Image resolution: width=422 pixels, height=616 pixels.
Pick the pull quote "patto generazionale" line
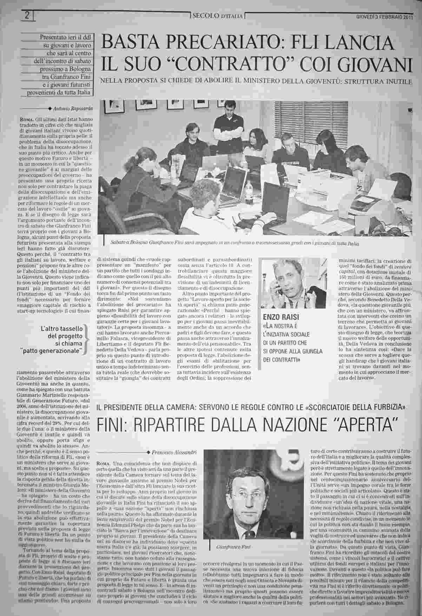[x=60, y=350]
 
